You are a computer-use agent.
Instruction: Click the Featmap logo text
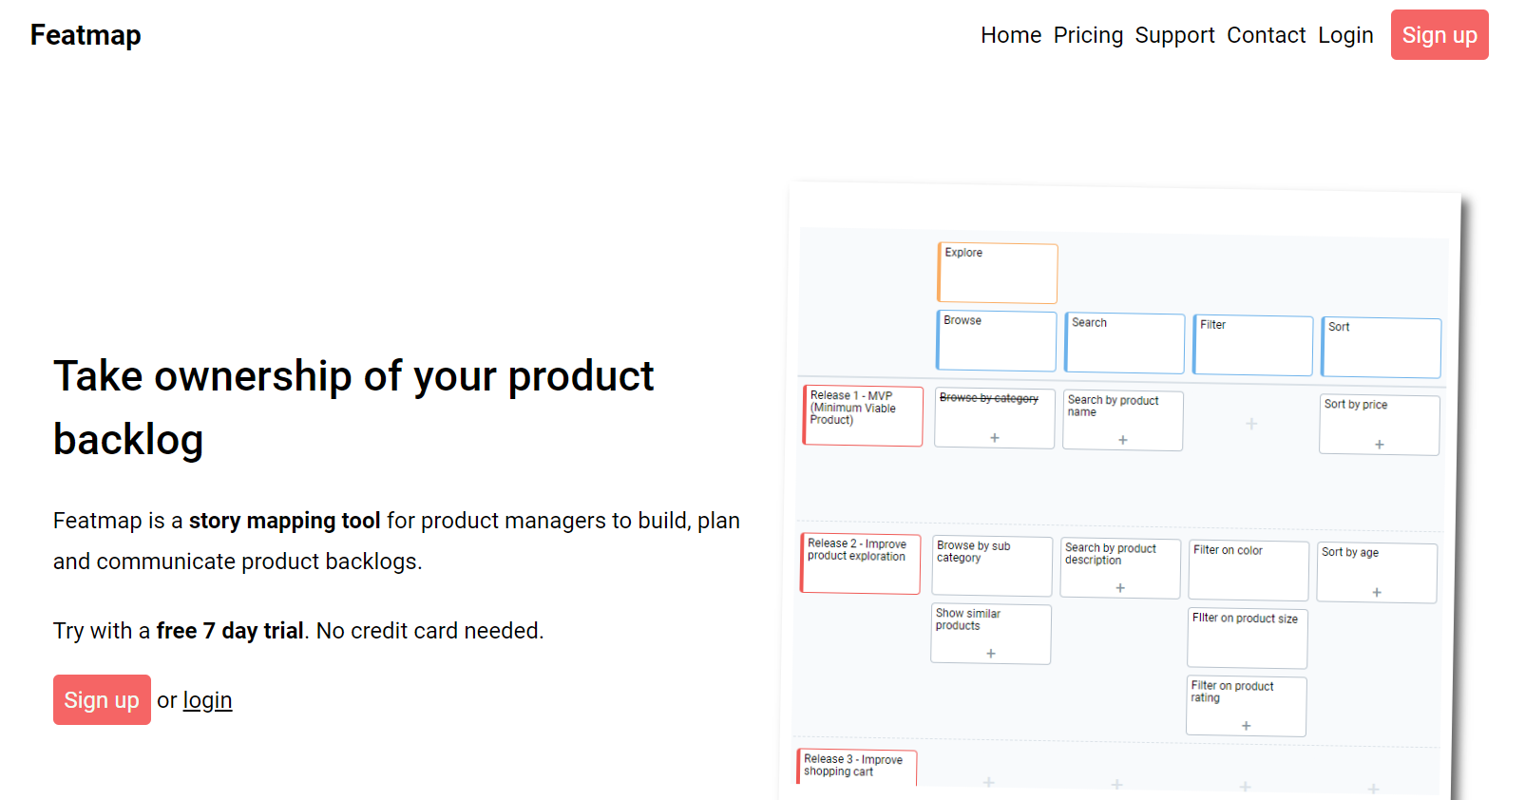point(86,35)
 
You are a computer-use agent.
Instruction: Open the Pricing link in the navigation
point(1088,35)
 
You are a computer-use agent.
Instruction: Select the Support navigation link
point(1174,35)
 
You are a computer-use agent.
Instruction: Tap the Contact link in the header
point(1266,35)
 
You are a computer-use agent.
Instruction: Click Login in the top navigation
point(1345,35)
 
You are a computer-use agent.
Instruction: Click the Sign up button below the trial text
point(102,700)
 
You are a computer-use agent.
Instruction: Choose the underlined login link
point(207,700)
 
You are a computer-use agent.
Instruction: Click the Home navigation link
point(1011,35)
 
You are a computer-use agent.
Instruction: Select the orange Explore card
point(997,273)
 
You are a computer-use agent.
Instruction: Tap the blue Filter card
point(1252,345)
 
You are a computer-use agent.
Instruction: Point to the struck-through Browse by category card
point(994,418)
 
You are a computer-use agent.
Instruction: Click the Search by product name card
point(1122,420)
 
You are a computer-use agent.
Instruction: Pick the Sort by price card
point(1379,425)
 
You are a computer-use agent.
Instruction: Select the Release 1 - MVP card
point(863,416)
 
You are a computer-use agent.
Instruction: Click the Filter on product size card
point(1247,638)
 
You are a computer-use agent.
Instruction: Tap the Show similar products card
point(991,634)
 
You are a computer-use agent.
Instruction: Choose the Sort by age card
point(1377,572)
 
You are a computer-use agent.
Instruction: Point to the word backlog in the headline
point(128,440)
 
